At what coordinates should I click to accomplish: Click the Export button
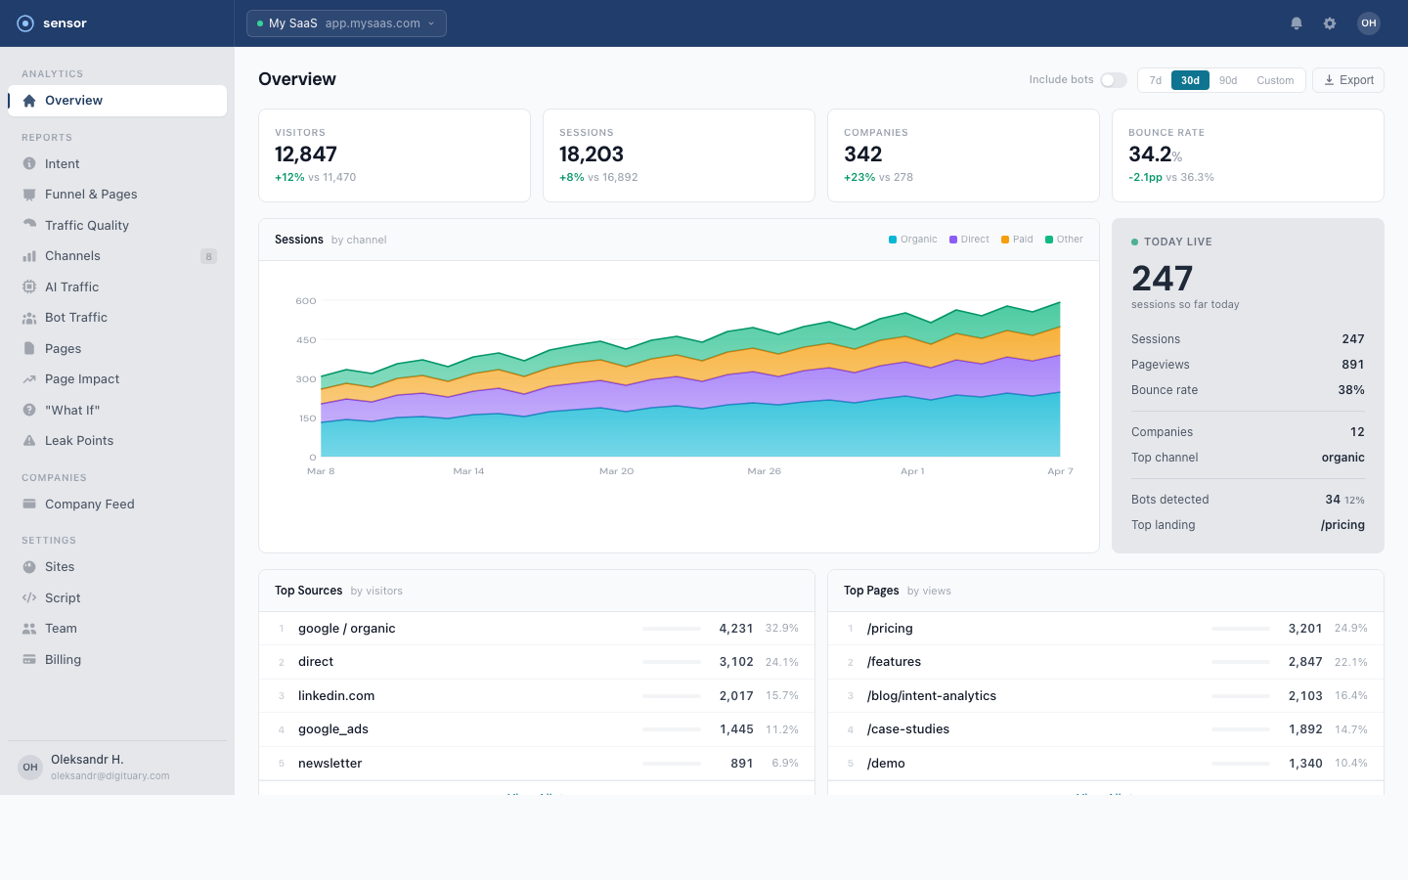click(x=1347, y=80)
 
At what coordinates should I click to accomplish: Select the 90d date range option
click(x=1228, y=80)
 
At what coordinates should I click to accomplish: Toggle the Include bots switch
click(x=1113, y=80)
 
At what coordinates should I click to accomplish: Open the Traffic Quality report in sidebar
click(x=86, y=225)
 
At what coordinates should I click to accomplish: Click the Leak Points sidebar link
click(x=78, y=441)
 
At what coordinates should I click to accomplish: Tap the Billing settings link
click(x=63, y=660)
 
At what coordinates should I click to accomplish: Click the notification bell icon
click(x=1297, y=23)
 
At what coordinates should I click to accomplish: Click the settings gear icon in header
click(x=1330, y=23)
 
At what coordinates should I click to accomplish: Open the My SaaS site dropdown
click(x=346, y=23)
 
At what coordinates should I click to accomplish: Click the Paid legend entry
click(x=1017, y=240)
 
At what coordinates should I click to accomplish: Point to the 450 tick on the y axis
click(x=306, y=340)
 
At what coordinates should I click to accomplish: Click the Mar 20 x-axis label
click(x=616, y=471)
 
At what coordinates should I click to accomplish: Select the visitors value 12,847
click(x=306, y=154)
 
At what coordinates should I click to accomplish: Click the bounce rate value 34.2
click(x=1150, y=154)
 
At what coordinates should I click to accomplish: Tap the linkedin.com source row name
click(x=336, y=696)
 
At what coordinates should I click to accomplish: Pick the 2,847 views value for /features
click(x=1304, y=662)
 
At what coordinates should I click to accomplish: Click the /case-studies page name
click(x=907, y=729)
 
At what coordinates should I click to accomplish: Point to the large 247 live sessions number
click(x=1162, y=279)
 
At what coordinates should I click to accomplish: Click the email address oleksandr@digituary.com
click(x=110, y=776)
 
